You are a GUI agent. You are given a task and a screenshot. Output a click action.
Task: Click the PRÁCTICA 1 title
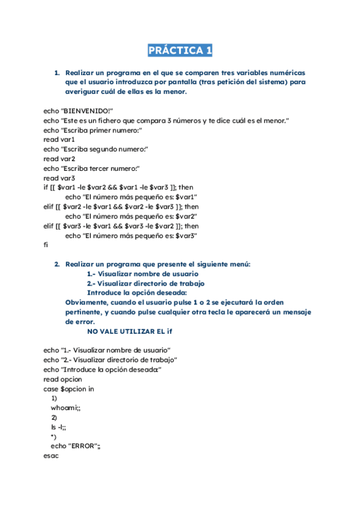(x=180, y=51)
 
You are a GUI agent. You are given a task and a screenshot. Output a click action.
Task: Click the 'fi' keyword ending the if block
(x=46, y=245)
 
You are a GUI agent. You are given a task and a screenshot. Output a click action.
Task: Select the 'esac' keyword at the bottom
(x=51, y=456)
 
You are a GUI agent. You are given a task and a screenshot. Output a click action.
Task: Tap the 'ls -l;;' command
(x=59, y=427)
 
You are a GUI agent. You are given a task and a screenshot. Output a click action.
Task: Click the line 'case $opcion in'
(x=69, y=389)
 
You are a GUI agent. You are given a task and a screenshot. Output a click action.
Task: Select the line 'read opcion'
(x=63, y=379)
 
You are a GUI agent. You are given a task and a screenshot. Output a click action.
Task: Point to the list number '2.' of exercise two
(x=57, y=264)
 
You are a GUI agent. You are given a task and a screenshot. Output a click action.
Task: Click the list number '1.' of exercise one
(x=57, y=73)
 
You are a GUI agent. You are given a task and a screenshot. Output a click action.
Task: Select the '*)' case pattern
(x=53, y=437)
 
